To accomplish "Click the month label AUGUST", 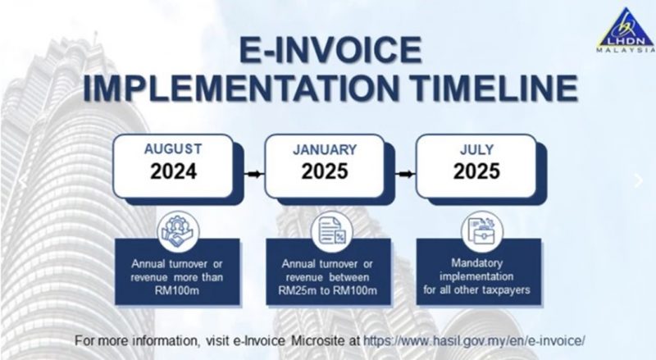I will [x=172, y=149].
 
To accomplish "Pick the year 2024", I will [x=172, y=172].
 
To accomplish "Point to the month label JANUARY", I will [x=325, y=149].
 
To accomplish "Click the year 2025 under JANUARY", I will [x=325, y=172].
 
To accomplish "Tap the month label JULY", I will [x=476, y=149].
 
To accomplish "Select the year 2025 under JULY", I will [x=476, y=172].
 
